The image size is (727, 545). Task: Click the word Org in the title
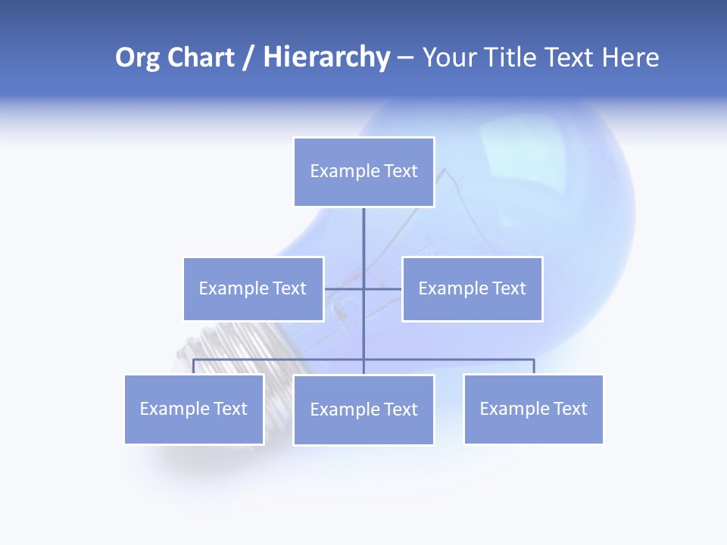tap(138, 58)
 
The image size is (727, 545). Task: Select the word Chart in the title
tap(200, 58)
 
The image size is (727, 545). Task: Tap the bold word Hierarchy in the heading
tap(326, 58)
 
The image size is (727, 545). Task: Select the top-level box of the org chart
tap(363, 171)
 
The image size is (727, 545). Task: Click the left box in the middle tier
tap(253, 288)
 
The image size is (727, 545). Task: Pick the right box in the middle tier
tap(472, 288)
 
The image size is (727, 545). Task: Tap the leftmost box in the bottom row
tap(194, 409)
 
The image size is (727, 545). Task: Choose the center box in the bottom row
tap(363, 410)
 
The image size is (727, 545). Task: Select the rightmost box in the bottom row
tap(533, 409)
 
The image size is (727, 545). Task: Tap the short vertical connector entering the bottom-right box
tap(534, 366)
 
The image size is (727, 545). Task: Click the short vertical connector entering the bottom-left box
tap(194, 366)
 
